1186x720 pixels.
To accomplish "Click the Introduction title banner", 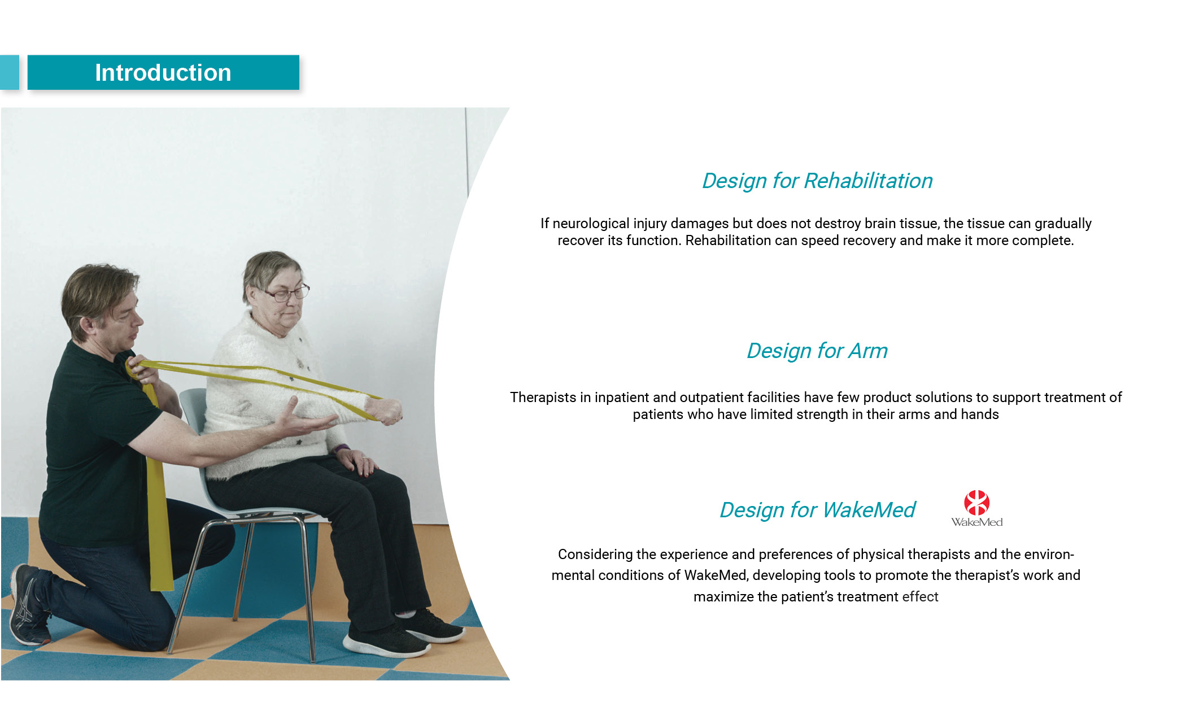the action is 163,72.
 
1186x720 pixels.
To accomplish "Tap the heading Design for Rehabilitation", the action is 817,181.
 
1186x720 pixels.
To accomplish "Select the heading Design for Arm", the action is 817,351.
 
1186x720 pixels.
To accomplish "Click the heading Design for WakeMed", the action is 817,510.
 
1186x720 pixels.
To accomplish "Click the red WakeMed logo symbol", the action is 976,503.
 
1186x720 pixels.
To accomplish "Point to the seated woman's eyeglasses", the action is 286,293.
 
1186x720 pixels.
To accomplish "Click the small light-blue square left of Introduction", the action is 9,72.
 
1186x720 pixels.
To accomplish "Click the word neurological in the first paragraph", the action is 591,224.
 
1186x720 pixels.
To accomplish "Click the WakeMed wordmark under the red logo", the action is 976,522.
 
